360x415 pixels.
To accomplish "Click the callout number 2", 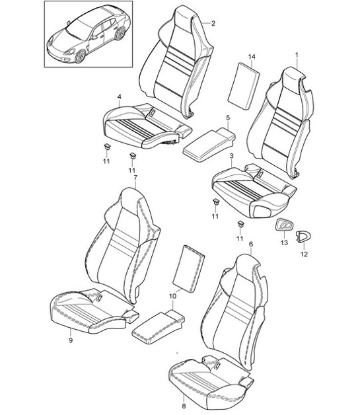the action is click(x=213, y=23).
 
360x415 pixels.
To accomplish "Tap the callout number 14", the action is click(x=252, y=57).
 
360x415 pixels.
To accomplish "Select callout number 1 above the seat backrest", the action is click(x=297, y=55).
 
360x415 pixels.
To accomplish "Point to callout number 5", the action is click(x=228, y=118).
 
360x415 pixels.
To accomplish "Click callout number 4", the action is click(x=120, y=97).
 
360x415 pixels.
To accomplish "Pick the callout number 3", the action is click(x=231, y=156).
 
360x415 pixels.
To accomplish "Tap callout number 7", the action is click(x=135, y=178).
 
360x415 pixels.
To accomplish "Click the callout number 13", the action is click(x=284, y=243).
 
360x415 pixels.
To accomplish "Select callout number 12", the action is click(x=304, y=254).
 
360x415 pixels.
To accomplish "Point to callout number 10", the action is click(x=172, y=296).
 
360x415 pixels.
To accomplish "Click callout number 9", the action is click(x=71, y=340).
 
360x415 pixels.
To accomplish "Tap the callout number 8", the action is click(x=184, y=406).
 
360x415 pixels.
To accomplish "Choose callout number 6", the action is click(x=251, y=244).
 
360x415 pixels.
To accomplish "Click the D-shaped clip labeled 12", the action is click(x=303, y=237).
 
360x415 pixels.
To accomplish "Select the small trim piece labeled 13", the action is click(x=285, y=225).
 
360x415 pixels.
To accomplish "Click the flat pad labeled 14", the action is click(x=244, y=86).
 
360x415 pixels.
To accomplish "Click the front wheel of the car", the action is click(x=80, y=56).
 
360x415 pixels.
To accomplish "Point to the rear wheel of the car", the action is click(x=120, y=34).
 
